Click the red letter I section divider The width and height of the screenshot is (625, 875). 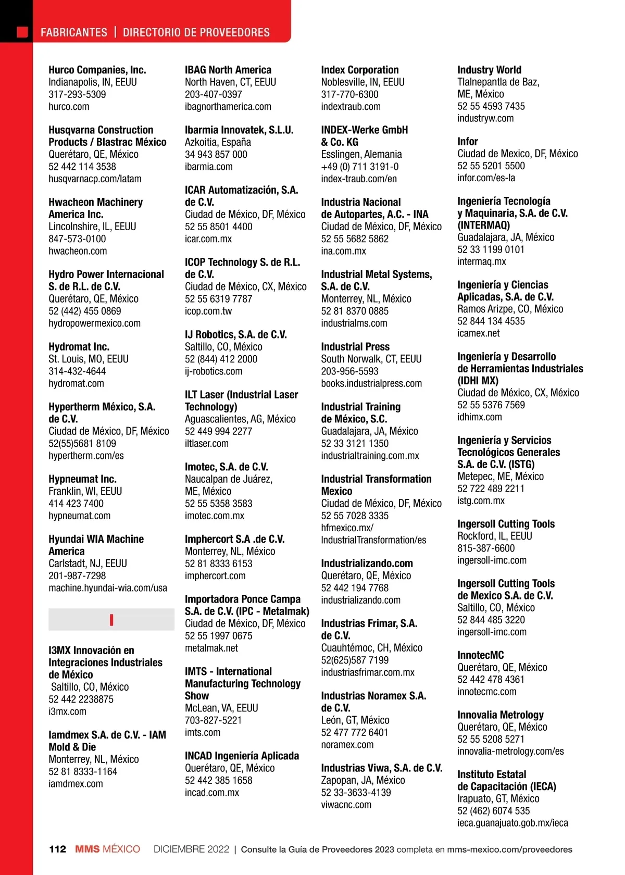coord(111,620)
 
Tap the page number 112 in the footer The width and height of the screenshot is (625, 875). coord(58,849)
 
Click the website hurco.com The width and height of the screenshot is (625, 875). coord(69,107)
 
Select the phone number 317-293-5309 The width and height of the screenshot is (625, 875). coord(77,94)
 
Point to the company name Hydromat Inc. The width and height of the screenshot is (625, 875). coord(79,347)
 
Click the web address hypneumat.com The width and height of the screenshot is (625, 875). coord(79,516)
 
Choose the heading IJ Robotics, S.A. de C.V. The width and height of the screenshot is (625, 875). coord(235,335)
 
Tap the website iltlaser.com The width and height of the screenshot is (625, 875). coord(206,444)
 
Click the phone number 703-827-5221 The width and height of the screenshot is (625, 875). coord(213,720)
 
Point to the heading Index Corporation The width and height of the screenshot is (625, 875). coord(359,70)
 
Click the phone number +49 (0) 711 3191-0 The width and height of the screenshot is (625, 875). coord(359,167)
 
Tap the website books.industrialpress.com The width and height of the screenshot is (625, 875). coord(371,383)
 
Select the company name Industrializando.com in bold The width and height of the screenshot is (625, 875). coord(367,564)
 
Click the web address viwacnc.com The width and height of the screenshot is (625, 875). coord(346,805)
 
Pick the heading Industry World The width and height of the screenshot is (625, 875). coord(489,70)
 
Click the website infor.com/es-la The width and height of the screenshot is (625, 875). coord(486,178)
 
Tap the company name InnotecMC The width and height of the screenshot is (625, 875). coord(480,655)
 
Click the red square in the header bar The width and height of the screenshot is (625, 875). coord(22,32)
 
